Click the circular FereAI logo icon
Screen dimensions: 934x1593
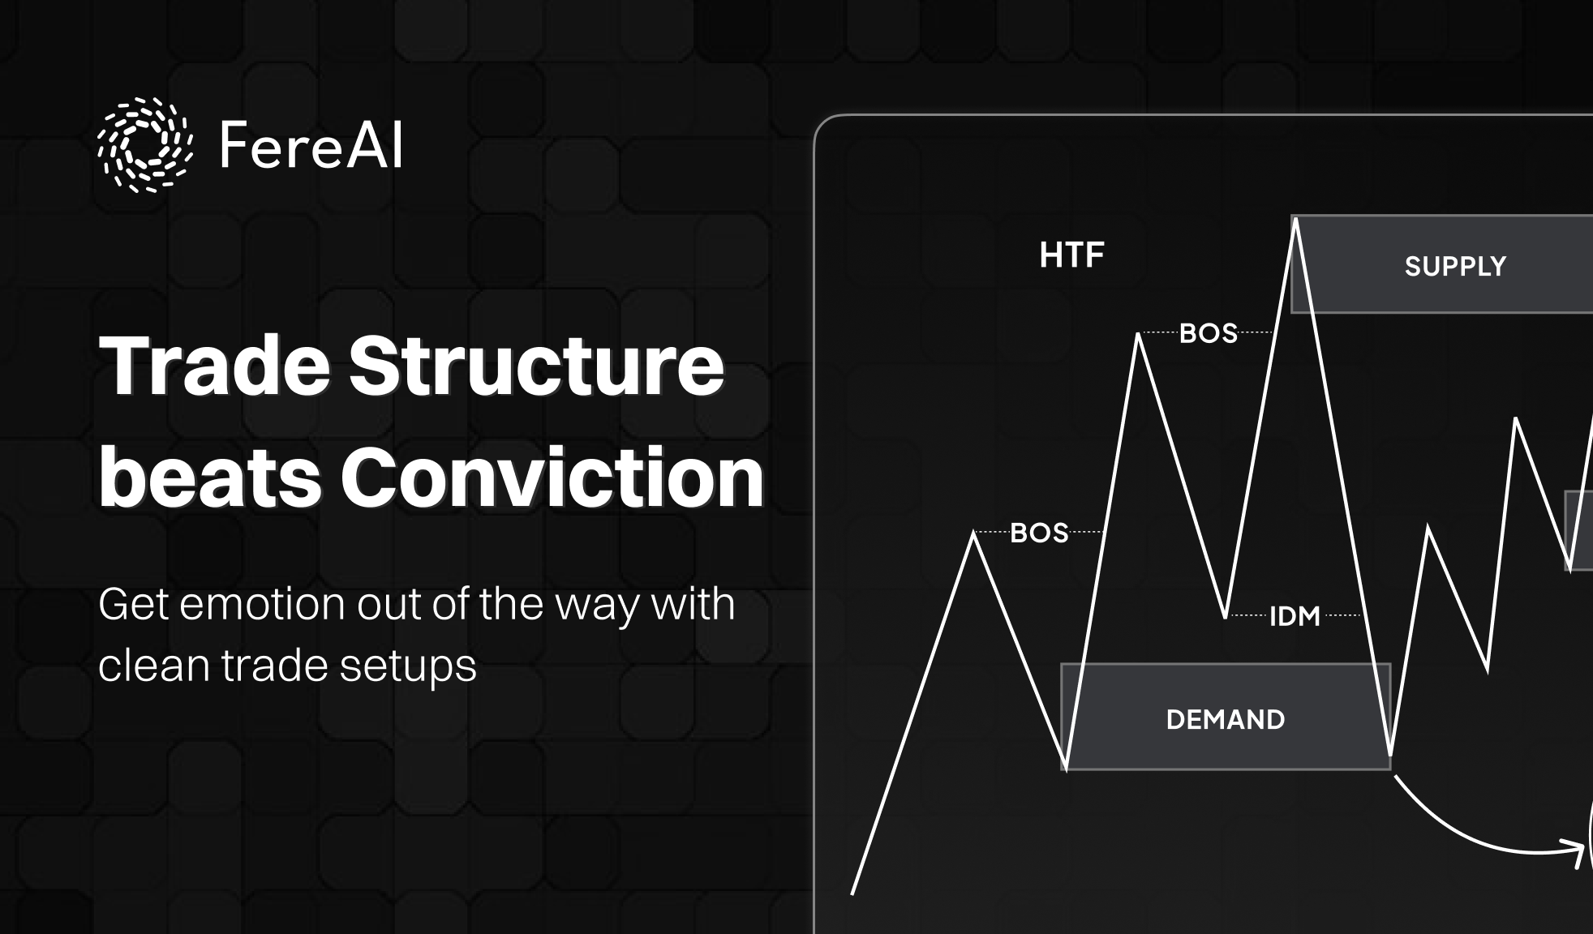(x=145, y=144)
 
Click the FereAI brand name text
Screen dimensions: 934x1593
(x=311, y=146)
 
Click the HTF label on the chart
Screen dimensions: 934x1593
(x=1071, y=255)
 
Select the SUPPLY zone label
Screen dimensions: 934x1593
(x=1455, y=267)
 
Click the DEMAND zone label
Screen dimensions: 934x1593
(x=1225, y=719)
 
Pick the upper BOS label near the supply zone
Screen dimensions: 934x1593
(x=1208, y=333)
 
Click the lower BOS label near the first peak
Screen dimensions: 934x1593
(x=1039, y=533)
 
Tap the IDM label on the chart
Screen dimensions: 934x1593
(x=1295, y=616)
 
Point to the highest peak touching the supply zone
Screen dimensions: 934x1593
(x=1295, y=221)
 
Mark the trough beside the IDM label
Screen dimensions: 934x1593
(x=1226, y=616)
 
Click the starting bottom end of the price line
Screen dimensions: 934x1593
(x=852, y=893)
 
